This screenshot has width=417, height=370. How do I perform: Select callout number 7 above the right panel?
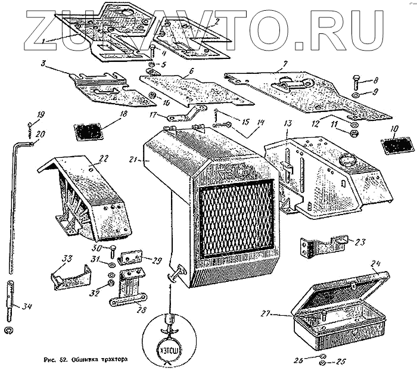285,63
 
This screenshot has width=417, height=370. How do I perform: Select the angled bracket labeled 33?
71,275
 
